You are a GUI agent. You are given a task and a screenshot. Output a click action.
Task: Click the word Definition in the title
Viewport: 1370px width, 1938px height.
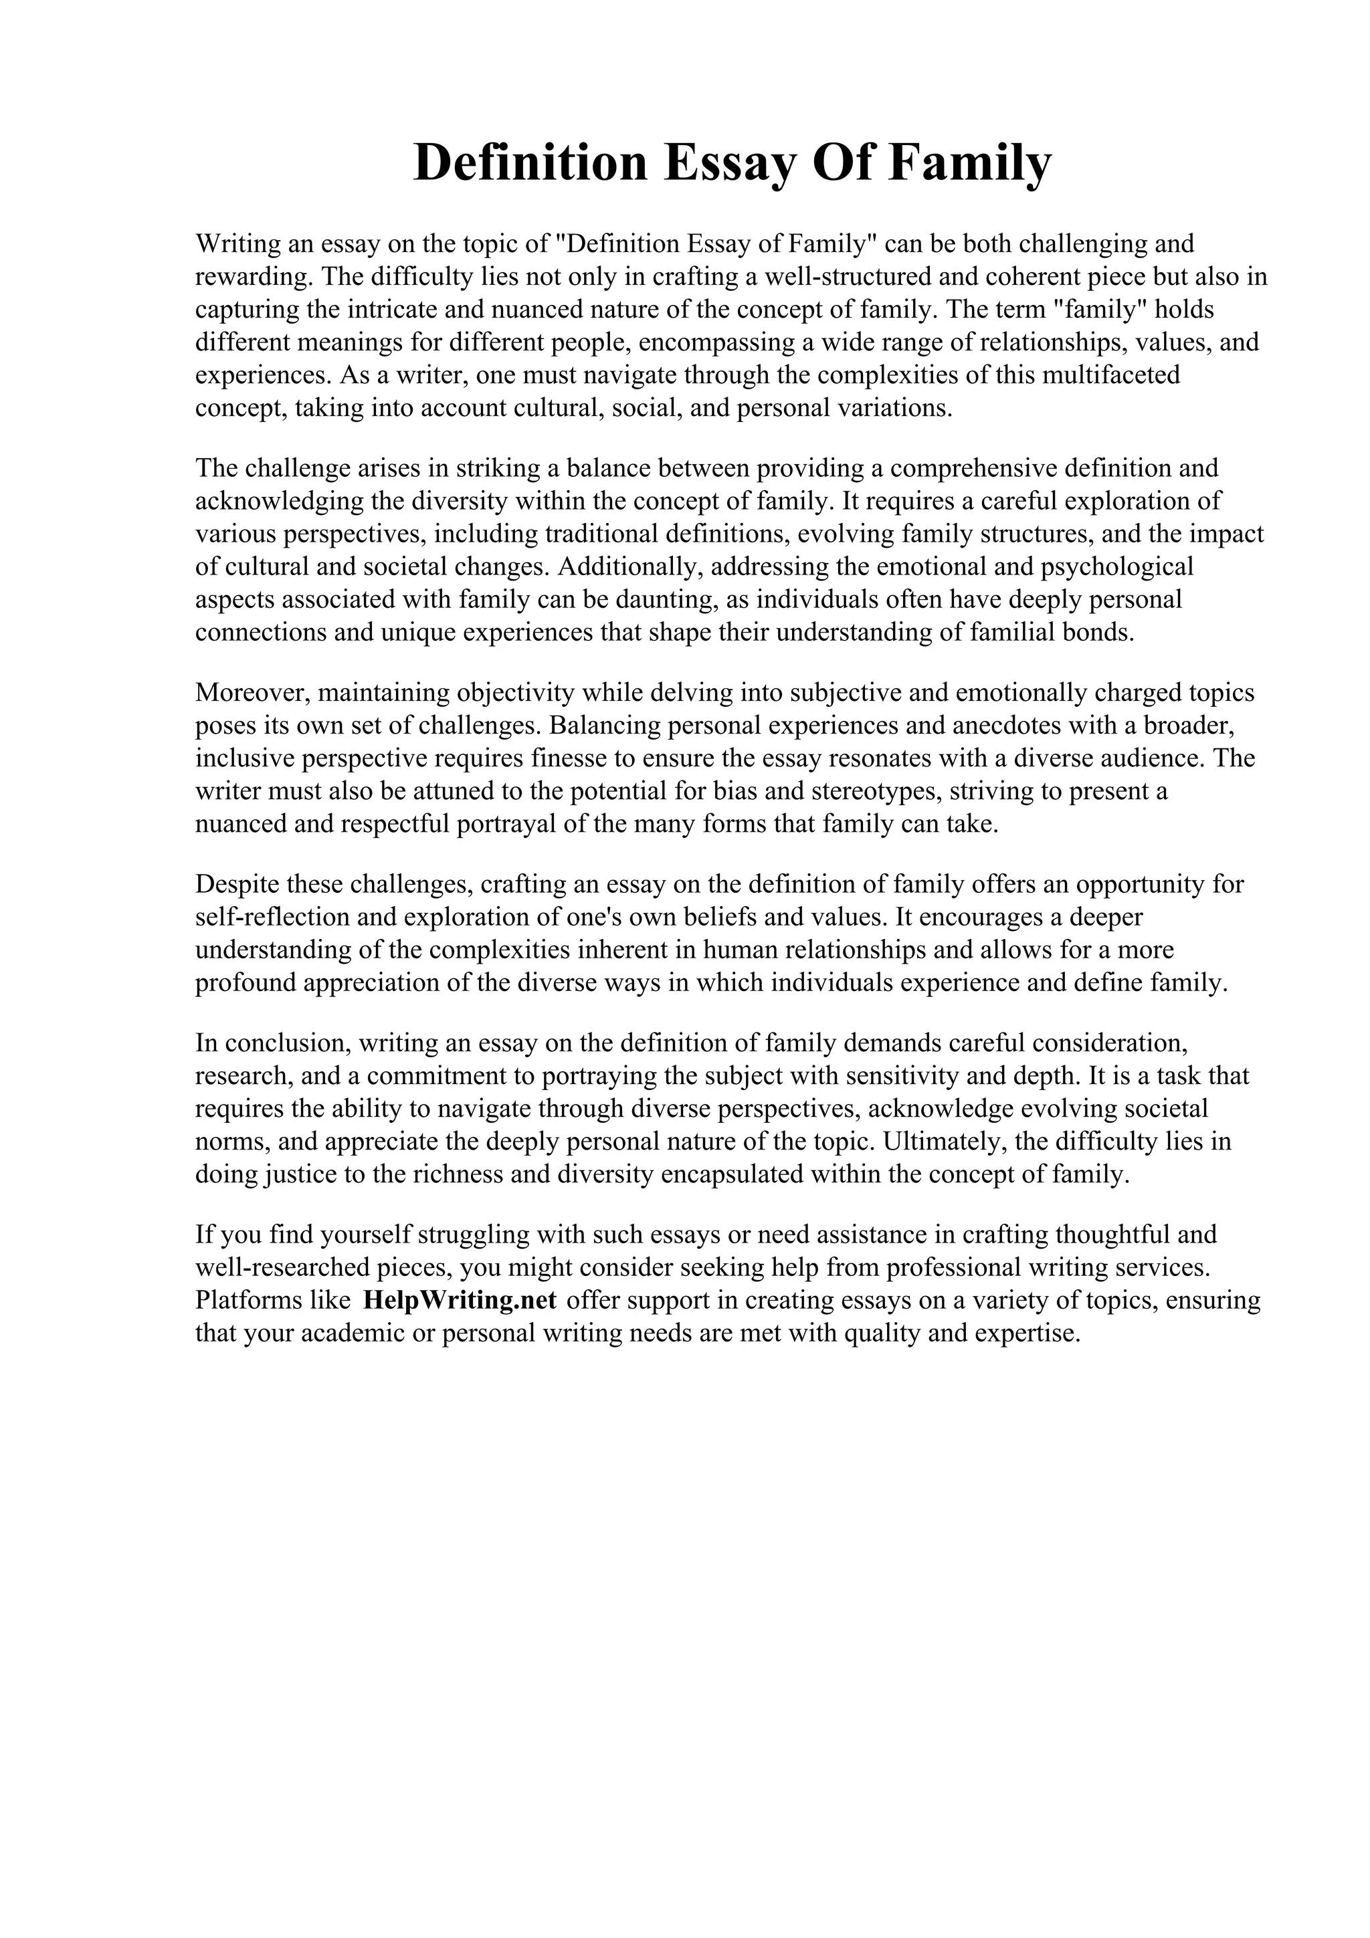coord(530,163)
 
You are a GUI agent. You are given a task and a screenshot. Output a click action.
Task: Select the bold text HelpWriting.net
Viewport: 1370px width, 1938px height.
coord(459,1300)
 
